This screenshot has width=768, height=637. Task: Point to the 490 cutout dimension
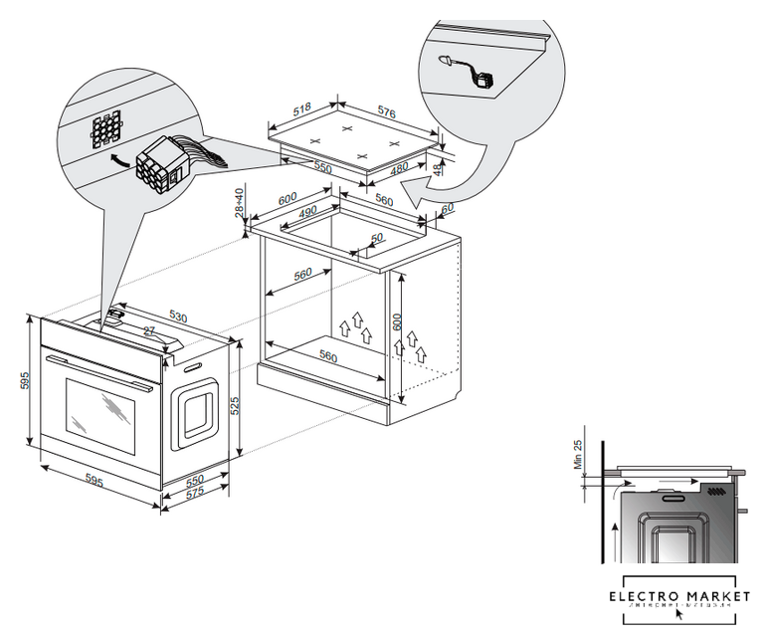(x=305, y=212)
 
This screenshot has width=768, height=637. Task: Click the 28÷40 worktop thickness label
(x=240, y=203)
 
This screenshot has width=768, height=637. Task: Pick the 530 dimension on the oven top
(x=177, y=317)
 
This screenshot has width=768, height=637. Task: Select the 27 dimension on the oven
(x=148, y=330)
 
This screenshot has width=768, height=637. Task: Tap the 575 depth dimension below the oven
(x=196, y=493)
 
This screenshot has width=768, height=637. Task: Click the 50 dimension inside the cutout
(x=376, y=238)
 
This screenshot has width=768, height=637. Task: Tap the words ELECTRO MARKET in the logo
(x=679, y=595)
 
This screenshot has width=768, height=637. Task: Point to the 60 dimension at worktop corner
(x=447, y=207)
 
